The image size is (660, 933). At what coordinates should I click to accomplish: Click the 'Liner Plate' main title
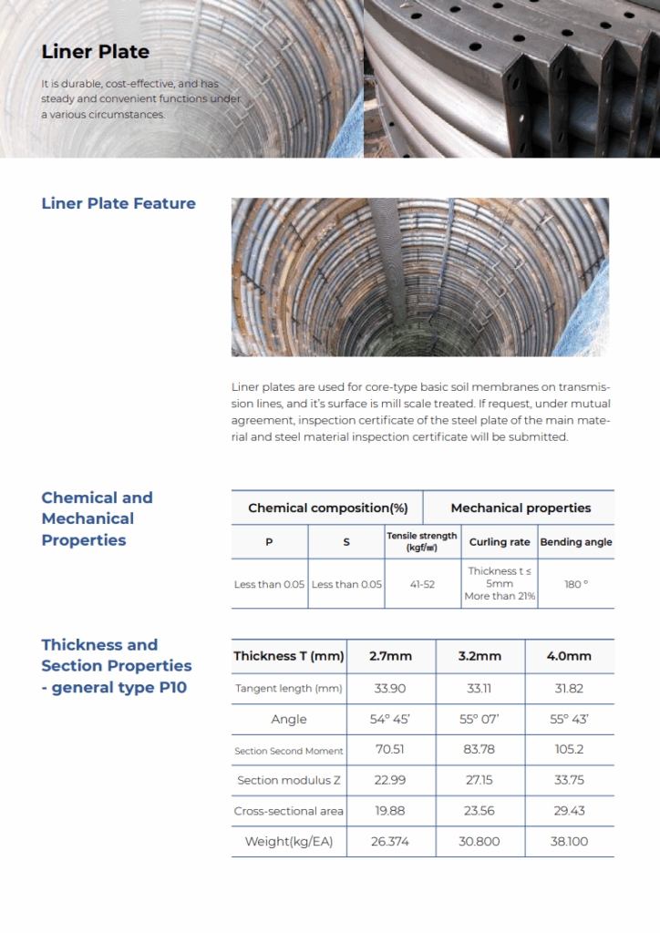point(95,52)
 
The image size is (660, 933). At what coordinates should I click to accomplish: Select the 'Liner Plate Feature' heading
point(119,203)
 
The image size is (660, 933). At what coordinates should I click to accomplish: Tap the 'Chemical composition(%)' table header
point(327,508)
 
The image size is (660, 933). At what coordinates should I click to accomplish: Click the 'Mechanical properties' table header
point(521,508)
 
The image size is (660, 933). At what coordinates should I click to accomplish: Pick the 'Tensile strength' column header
point(422,541)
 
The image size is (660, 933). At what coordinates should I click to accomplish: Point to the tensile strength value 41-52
point(422,584)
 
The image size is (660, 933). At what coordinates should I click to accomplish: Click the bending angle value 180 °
point(576,584)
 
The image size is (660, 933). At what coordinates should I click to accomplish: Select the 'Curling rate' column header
point(500,542)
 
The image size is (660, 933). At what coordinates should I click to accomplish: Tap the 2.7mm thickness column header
point(390,656)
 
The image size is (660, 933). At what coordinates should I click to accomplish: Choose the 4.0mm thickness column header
point(569,656)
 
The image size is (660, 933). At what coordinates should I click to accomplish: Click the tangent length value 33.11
point(479,689)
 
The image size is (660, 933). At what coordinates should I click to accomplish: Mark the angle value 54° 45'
point(390,720)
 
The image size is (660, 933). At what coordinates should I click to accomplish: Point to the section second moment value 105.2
point(569,750)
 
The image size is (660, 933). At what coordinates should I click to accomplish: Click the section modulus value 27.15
point(479,781)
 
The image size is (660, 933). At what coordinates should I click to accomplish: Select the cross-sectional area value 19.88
point(390,811)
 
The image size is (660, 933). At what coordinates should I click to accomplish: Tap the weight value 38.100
point(569,842)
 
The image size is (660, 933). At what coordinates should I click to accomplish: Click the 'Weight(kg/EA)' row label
point(289,842)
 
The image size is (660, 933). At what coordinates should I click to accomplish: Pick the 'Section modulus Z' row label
point(289,781)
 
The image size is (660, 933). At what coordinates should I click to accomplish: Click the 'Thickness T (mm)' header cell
point(289,656)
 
